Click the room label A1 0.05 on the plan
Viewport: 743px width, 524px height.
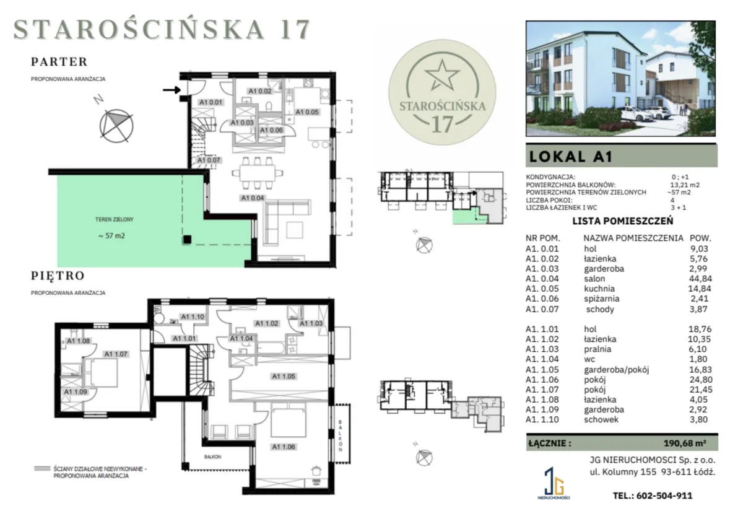point(307,112)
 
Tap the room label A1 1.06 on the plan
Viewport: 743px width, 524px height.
point(284,447)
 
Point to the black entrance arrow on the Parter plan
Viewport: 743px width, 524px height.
point(172,90)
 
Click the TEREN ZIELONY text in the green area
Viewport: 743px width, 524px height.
point(114,219)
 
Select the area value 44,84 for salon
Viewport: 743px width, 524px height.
point(700,279)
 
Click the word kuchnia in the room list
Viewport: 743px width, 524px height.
point(599,289)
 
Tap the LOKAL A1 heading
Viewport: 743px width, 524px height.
point(570,157)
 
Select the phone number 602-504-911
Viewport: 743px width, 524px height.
point(664,496)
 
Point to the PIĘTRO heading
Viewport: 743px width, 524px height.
point(58,276)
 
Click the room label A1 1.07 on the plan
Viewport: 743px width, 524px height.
point(116,354)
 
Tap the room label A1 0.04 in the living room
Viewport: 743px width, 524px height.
point(253,198)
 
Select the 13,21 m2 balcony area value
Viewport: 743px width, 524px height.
point(685,185)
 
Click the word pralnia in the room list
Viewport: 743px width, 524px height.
point(597,349)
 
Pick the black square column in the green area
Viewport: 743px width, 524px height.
point(187,240)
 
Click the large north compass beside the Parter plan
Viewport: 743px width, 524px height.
point(116,126)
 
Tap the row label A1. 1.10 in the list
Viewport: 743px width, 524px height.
point(542,419)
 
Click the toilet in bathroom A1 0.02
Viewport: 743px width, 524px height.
point(269,106)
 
